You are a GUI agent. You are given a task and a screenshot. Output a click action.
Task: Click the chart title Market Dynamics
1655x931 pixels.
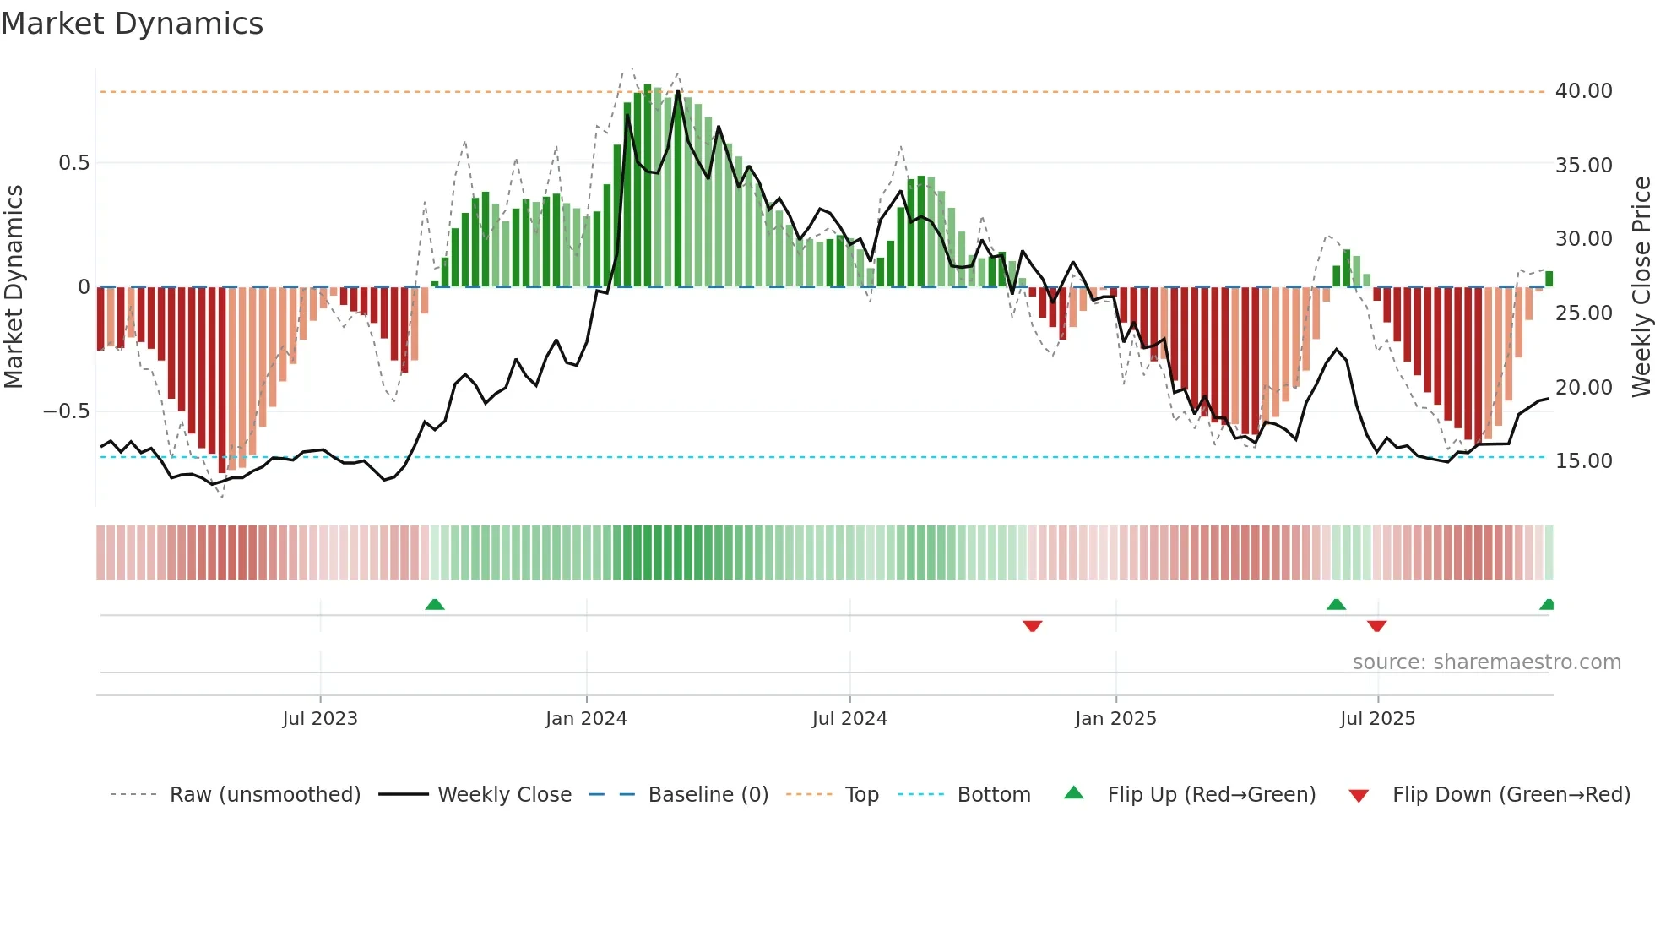(132, 24)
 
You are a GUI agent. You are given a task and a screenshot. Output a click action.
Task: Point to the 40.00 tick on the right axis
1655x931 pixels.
(1583, 91)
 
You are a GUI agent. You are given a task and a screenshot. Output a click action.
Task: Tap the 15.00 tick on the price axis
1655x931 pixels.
(1583, 461)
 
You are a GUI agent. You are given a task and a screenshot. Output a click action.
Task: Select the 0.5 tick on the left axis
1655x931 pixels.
(74, 163)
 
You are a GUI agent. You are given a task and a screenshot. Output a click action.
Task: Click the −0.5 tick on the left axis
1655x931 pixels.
(67, 411)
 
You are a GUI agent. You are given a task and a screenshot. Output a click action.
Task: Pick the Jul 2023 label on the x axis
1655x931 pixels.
(320, 719)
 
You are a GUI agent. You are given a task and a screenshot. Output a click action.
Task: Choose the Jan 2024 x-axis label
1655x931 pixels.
(586, 719)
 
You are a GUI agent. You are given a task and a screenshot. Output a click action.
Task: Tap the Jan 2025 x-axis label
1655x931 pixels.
(1115, 719)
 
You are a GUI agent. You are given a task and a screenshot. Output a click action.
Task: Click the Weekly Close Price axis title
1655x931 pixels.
(1641, 287)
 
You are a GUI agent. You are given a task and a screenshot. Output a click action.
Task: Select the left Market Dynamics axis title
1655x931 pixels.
(14, 287)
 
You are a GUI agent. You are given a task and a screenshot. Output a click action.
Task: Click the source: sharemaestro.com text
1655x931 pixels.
(1486, 662)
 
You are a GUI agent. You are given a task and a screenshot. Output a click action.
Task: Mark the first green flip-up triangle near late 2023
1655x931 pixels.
(435, 605)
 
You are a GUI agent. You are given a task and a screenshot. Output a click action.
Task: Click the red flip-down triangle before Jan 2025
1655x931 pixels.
(1032, 626)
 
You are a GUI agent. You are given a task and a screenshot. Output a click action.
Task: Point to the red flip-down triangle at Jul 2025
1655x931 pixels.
(1376, 626)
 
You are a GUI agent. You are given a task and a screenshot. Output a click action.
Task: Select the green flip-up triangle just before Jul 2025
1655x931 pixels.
(1336, 605)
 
